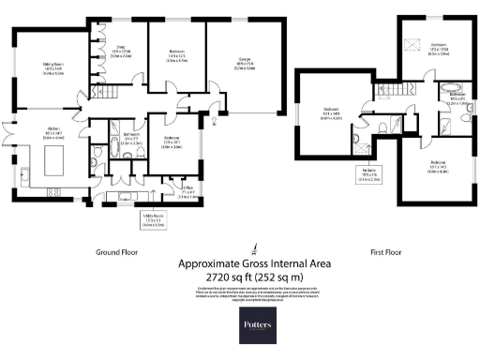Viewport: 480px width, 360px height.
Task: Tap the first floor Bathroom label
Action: point(457,97)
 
